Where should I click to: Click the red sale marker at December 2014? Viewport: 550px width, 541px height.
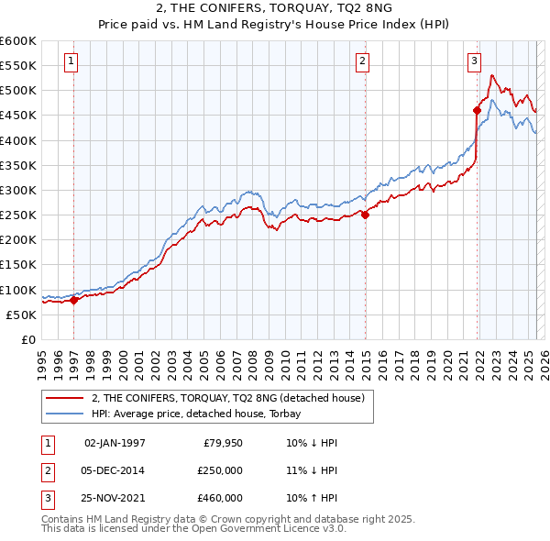pyautogui.click(x=365, y=215)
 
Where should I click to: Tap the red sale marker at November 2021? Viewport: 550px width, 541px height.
pyautogui.click(x=478, y=111)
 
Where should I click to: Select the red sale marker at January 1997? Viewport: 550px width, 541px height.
pyautogui.click(x=74, y=300)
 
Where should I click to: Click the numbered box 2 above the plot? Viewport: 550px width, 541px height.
pyautogui.click(x=363, y=61)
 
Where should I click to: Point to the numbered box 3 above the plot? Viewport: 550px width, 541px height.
pyautogui.click(x=474, y=61)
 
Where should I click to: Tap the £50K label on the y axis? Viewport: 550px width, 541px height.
pyautogui.click(x=21, y=315)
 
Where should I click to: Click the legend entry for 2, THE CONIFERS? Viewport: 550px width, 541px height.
pyautogui.click(x=228, y=398)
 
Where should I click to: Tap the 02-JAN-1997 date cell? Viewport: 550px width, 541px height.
pyautogui.click(x=115, y=443)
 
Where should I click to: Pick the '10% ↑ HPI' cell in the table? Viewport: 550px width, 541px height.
pyautogui.click(x=313, y=498)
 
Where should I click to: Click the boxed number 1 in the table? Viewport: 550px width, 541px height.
pyautogui.click(x=47, y=443)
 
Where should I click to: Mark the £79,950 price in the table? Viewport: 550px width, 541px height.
pyautogui.click(x=223, y=443)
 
